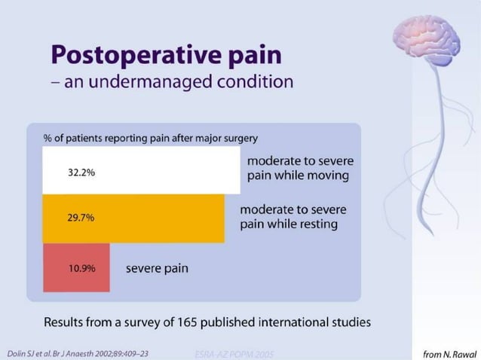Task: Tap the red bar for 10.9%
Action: point(75,267)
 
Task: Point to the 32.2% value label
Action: point(81,172)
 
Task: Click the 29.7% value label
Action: point(81,218)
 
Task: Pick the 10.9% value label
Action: point(81,268)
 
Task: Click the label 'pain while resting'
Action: point(289,224)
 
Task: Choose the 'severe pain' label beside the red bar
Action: point(157,268)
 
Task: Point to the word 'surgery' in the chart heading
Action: point(240,138)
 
